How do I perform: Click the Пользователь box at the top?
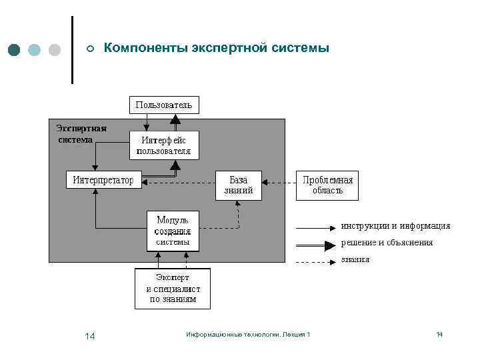(163, 105)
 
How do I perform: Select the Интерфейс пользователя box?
(163, 145)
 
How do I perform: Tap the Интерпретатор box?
(103, 180)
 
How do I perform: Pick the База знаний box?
(238, 185)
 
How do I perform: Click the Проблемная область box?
(327, 185)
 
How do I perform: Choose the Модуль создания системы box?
(173, 231)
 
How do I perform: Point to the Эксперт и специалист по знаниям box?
(173, 289)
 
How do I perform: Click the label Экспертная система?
(81, 133)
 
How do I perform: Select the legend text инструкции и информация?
(395, 226)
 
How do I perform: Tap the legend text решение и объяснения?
(387, 243)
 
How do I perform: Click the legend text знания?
(355, 259)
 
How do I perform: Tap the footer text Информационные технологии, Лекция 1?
(248, 334)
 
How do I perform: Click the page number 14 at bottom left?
(90, 335)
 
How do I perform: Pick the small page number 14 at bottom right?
(439, 334)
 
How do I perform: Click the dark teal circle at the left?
(15, 50)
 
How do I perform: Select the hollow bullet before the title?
(90, 49)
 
